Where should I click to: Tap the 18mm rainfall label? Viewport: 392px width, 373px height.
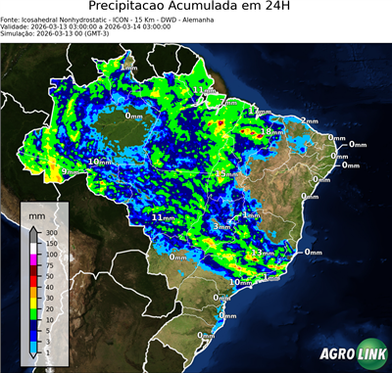tap(270, 131)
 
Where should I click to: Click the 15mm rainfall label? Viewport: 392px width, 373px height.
tap(227, 173)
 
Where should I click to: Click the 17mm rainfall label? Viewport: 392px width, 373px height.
tap(259, 112)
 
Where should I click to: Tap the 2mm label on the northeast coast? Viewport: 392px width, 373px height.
tap(309, 120)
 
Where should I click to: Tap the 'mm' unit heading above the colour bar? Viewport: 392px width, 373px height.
tap(37, 212)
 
